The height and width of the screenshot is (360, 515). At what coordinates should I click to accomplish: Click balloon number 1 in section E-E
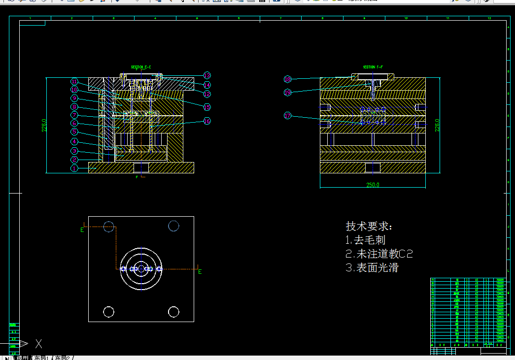tap(74, 168)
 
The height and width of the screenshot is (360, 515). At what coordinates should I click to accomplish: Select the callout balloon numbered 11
tap(74, 82)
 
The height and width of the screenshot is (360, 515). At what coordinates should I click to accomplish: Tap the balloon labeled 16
tap(207, 121)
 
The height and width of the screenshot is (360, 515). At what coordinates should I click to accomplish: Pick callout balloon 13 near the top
tap(207, 75)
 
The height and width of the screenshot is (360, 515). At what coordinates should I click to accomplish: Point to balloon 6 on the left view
tap(74, 123)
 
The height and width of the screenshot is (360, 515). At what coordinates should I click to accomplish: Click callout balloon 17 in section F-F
tap(288, 116)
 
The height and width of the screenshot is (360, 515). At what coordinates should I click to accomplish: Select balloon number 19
tap(288, 92)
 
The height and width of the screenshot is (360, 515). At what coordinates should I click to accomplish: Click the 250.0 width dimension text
tap(372, 185)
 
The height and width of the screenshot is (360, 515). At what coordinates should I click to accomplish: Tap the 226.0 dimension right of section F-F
tap(437, 125)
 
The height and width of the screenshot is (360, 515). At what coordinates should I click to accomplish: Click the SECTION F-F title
tap(373, 67)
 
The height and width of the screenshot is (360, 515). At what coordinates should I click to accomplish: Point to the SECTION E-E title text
tap(141, 67)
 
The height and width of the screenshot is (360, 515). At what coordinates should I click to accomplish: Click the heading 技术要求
tap(369, 227)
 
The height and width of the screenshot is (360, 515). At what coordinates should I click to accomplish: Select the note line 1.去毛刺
tap(365, 240)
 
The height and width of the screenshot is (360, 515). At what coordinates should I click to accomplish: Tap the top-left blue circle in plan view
tap(109, 227)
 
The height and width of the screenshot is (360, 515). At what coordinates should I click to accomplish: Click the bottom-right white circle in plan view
tap(173, 312)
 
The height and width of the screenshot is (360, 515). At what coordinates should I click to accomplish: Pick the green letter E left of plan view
tap(82, 229)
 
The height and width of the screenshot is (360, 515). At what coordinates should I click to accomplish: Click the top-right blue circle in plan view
tap(173, 226)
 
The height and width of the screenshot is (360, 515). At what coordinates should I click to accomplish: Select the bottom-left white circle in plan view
tap(109, 312)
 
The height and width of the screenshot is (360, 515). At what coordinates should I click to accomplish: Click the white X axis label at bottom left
tap(39, 344)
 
